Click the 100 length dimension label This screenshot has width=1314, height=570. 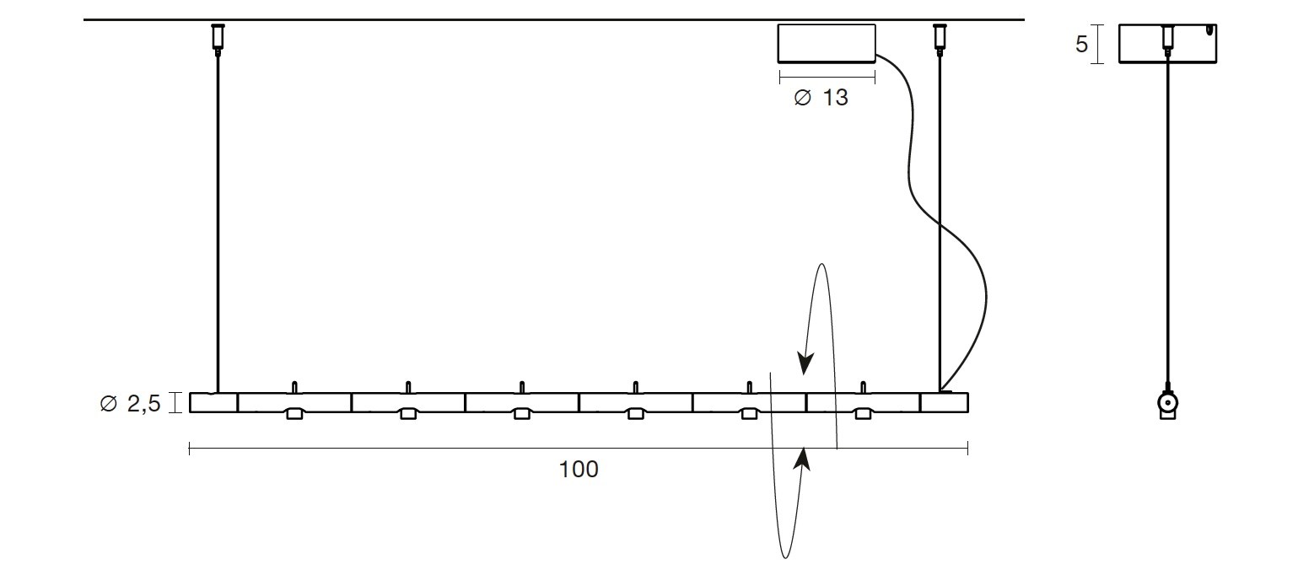point(579,469)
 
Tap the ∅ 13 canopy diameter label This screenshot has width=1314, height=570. point(821,97)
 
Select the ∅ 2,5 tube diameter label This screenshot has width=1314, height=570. point(130,403)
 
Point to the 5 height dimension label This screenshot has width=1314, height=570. point(1082,44)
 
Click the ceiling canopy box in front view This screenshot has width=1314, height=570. point(827,43)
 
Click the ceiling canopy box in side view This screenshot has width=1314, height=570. point(1167,43)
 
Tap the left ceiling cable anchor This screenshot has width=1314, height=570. point(218,38)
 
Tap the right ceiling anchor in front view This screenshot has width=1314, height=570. point(940,38)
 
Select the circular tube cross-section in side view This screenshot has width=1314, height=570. point(1167,403)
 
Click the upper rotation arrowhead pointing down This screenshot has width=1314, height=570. point(805,363)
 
